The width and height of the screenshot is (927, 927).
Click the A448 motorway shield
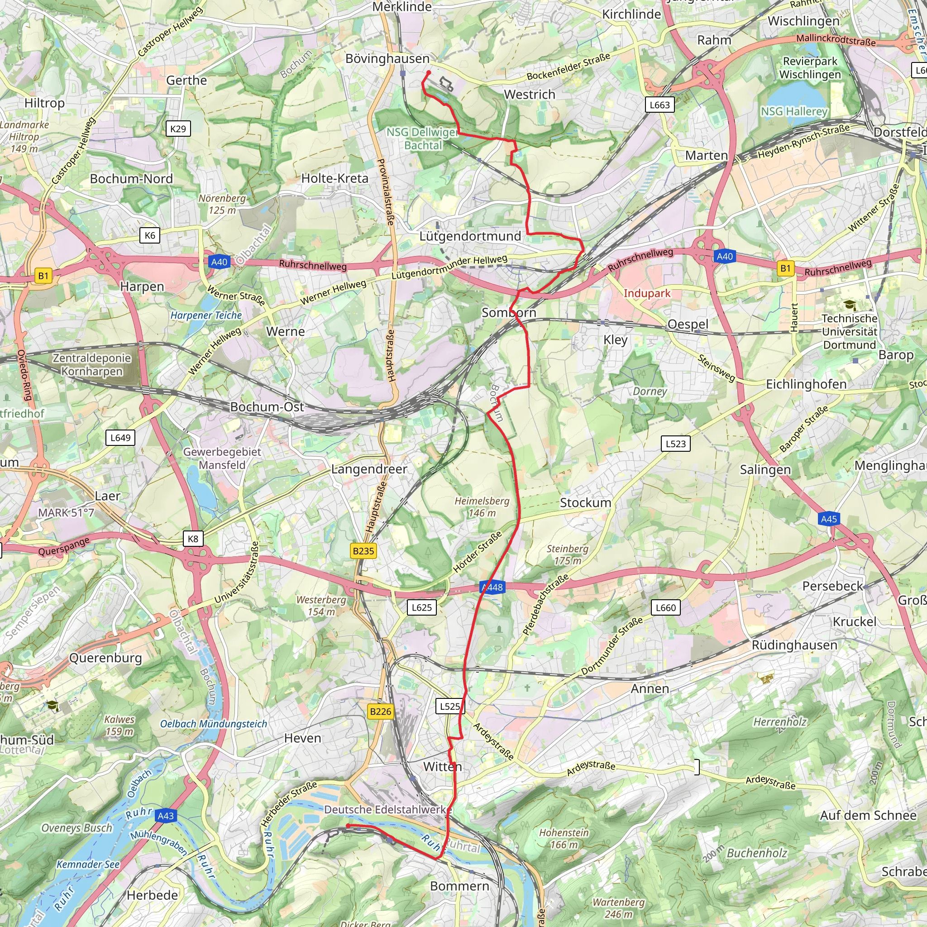tap(492, 587)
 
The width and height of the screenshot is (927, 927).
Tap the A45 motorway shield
tap(829, 519)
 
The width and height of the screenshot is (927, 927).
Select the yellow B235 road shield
tap(363, 551)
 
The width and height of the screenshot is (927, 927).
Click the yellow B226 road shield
tap(381, 711)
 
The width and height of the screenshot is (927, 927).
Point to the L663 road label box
tap(659, 105)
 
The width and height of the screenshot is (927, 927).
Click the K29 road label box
tap(178, 129)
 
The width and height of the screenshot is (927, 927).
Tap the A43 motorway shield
tap(166, 816)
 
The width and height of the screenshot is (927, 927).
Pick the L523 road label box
tap(676, 444)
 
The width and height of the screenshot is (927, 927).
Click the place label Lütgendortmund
tap(470, 236)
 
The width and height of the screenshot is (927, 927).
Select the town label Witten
tap(442, 767)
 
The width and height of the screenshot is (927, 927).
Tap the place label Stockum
tap(585, 503)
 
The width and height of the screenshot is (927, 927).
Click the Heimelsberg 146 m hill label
tap(482, 507)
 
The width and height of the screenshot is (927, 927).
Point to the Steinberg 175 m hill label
tap(567, 554)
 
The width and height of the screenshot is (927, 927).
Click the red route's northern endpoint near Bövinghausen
tap(429, 73)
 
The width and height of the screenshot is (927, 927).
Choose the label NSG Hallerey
tap(794, 111)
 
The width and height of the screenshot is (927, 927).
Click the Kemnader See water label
tap(88, 865)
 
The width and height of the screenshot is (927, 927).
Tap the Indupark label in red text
tap(647, 293)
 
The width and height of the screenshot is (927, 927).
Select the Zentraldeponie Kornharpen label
tap(91, 365)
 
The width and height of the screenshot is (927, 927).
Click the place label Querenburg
tap(105, 658)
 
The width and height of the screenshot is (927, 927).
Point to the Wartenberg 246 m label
tap(618, 908)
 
